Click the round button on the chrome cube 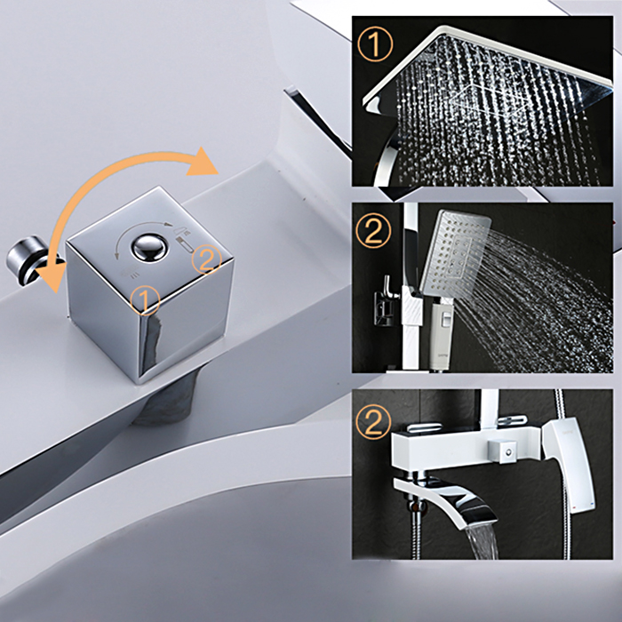click(x=149, y=248)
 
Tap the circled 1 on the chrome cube click(x=145, y=300)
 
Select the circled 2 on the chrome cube click(x=206, y=259)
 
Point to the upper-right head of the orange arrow click(x=203, y=163)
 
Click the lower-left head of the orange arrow click(x=52, y=277)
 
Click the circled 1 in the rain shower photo click(x=375, y=44)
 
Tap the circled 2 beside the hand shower click(x=373, y=231)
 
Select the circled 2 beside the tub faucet click(x=373, y=421)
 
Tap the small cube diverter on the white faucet click(x=503, y=451)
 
